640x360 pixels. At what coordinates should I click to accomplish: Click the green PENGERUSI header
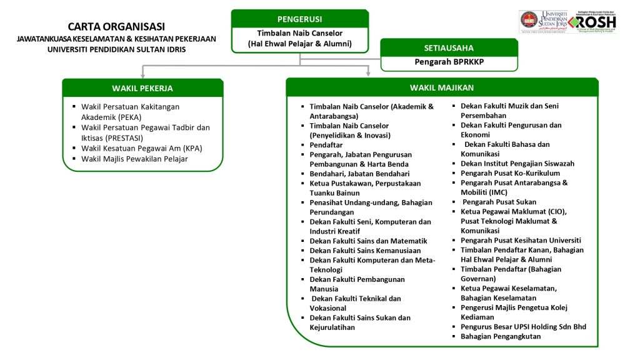299,19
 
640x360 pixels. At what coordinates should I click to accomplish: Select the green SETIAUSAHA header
449,47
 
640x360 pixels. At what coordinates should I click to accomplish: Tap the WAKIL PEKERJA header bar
142,87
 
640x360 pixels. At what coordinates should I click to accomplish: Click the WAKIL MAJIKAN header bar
441,87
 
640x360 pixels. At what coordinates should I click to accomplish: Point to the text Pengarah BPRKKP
449,62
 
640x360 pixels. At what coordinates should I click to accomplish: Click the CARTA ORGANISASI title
116,26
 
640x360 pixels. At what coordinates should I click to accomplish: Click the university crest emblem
530,21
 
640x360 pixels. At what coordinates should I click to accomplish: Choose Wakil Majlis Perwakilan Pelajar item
134,159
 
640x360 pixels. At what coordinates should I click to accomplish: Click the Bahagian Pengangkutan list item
501,336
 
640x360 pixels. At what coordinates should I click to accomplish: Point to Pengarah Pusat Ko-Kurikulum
510,173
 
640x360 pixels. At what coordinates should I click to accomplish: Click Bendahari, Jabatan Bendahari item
359,174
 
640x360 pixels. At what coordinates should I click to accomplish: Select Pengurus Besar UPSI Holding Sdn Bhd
523,326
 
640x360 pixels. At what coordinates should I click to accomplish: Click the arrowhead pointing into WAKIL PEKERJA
142,74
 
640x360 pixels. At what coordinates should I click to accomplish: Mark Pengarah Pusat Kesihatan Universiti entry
521,240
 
